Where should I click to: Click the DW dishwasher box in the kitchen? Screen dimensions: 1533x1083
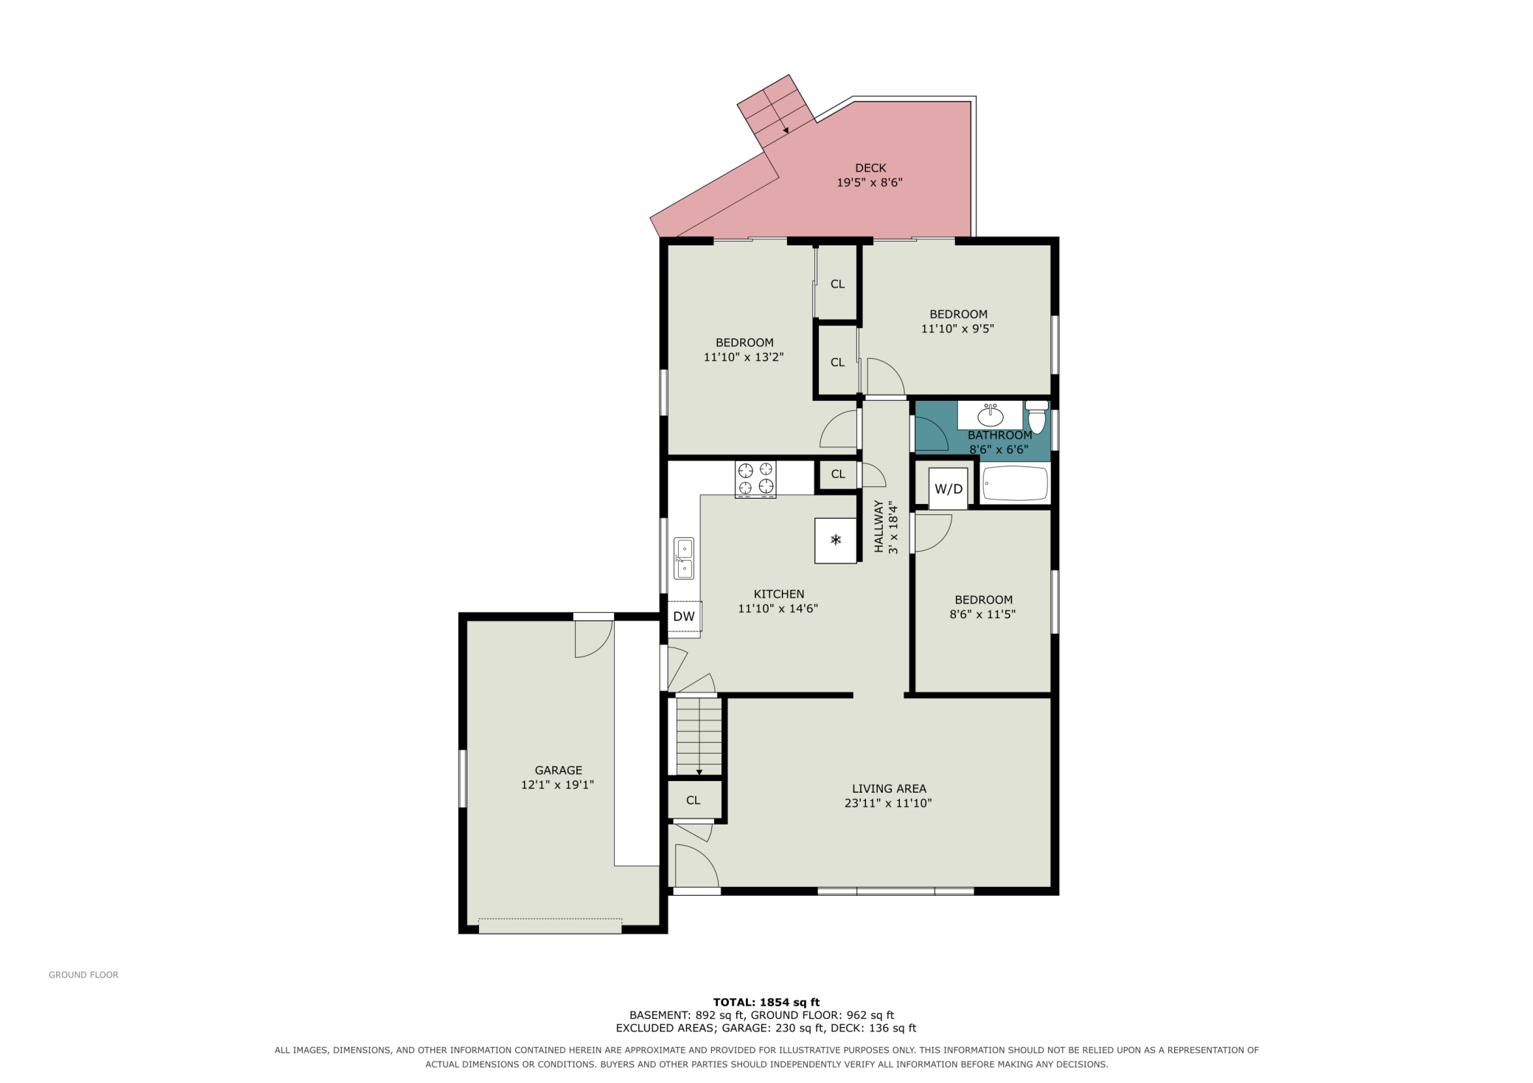tap(685, 617)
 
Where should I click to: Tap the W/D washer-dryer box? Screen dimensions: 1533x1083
tap(948, 488)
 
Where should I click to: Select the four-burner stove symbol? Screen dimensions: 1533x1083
tap(755, 479)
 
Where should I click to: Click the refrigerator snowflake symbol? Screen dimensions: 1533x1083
tap(836, 541)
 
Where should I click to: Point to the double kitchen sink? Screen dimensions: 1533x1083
tap(684, 558)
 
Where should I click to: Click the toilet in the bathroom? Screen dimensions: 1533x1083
tap(1037, 417)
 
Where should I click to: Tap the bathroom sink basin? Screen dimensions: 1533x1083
tap(990, 416)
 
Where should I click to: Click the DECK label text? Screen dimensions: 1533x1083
tap(870, 168)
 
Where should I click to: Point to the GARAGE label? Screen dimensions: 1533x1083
tap(559, 771)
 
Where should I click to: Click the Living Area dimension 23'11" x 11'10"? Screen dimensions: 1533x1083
tap(888, 803)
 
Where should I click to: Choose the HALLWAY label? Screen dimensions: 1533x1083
tap(879, 527)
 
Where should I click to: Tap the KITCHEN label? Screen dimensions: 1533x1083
tap(779, 594)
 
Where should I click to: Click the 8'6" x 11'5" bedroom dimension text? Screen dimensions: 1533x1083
tap(982, 614)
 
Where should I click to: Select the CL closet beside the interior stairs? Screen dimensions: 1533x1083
tap(693, 800)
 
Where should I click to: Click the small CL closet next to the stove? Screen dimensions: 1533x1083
tap(838, 474)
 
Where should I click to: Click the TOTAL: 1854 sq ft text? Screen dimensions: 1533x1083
tap(766, 1002)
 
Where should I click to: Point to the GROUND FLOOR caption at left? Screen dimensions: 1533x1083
tap(83, 975)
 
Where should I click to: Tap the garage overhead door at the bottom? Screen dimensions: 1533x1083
tap(550, 926)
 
